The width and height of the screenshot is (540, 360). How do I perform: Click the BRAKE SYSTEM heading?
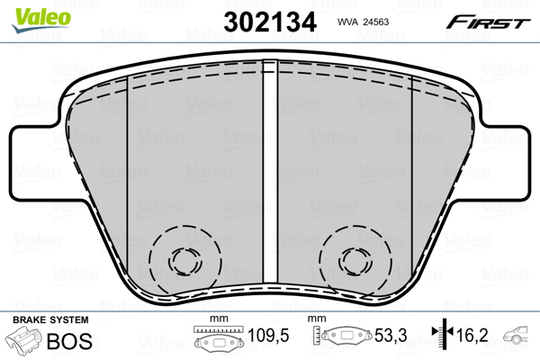[50, 319]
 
